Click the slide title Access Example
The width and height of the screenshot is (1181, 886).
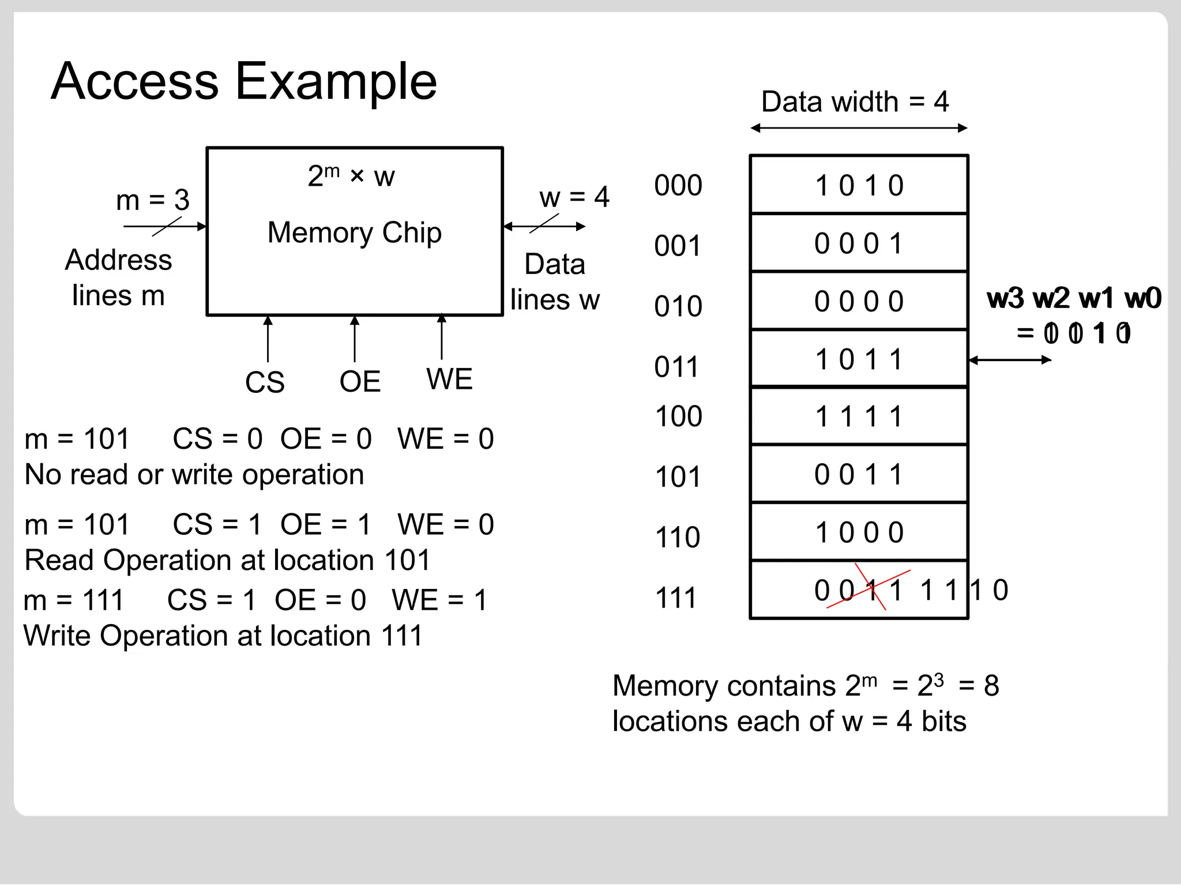pos(243,81)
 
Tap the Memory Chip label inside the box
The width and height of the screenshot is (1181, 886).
pos(354,232)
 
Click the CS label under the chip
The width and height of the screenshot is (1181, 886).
pos(265,382)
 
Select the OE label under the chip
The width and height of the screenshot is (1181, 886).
pos(360,381)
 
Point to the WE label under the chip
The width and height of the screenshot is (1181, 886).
pos(449,379)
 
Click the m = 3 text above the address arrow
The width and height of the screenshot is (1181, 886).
pos(152,200)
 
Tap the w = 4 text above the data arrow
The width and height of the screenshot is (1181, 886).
pos(574,197)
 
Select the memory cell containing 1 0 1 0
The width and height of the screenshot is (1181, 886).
pos(858,185)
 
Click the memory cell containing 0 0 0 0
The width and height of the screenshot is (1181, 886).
pos(858,301)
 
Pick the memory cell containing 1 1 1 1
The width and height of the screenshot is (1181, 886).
pos(858,416)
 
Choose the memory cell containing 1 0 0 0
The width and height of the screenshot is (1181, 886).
pos(858,532)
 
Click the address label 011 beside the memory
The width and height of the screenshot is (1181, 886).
pos(676,367)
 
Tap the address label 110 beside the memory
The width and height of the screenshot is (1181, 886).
pos(678,537)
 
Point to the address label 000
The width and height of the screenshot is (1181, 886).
pos(678,186)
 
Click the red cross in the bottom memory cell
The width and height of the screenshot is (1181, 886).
pos(870,588)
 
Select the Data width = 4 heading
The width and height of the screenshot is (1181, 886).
pos(855,102)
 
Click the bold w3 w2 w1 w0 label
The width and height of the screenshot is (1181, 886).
pos(1074,298)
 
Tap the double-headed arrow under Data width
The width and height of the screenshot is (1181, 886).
pos(858,128)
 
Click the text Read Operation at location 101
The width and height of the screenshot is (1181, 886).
pos(227,560)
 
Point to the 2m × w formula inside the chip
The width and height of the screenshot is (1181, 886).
pos(351,175)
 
